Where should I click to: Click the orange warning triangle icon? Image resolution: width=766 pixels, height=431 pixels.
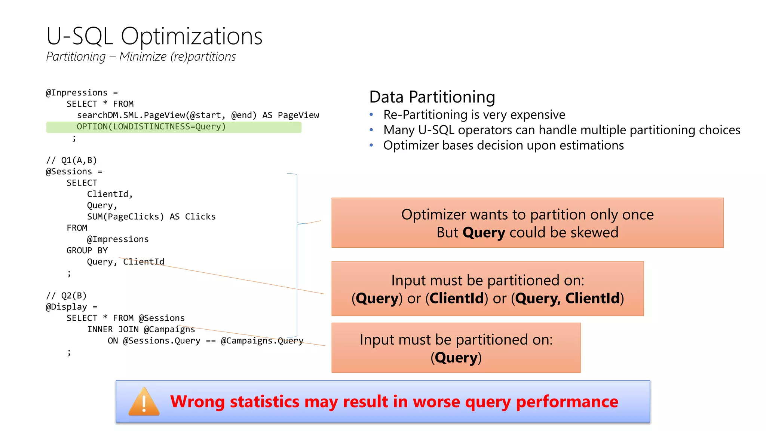tap(144, 403)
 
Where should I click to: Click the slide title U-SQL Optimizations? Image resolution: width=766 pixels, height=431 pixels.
tap(154, 36)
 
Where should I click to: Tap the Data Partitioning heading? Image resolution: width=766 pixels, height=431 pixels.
tap(432, 97)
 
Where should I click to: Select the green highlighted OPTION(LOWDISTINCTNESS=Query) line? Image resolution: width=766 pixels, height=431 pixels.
tap(151, 127)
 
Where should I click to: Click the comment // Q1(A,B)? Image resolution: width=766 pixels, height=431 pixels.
tap(71, 161)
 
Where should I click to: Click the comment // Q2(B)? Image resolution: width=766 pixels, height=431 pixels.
tap(66, 296)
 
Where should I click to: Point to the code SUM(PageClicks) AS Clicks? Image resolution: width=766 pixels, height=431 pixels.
tap(151, 217)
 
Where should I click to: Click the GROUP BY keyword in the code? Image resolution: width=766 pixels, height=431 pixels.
tap(87, 251)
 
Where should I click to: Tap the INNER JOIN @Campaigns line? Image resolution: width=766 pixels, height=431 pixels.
tap(141, 330)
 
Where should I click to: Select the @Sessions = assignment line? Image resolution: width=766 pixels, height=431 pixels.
tap(74, 172)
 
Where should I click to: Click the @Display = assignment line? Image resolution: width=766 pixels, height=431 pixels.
tap(71, 307)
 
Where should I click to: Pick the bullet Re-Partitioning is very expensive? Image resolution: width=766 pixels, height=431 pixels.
tap(474, 114)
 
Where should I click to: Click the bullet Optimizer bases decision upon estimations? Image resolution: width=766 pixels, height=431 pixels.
tap(503, 145)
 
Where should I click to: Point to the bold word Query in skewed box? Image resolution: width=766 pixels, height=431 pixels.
tap(484, 233)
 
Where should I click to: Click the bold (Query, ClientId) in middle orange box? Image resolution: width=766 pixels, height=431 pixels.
tap(567, 299)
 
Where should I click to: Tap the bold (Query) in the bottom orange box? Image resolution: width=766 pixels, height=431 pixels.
tap(456, 358)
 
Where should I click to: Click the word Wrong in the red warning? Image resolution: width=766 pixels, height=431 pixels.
tap(197, 402)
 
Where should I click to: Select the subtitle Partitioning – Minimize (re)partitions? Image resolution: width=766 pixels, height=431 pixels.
tap(141, 56)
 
